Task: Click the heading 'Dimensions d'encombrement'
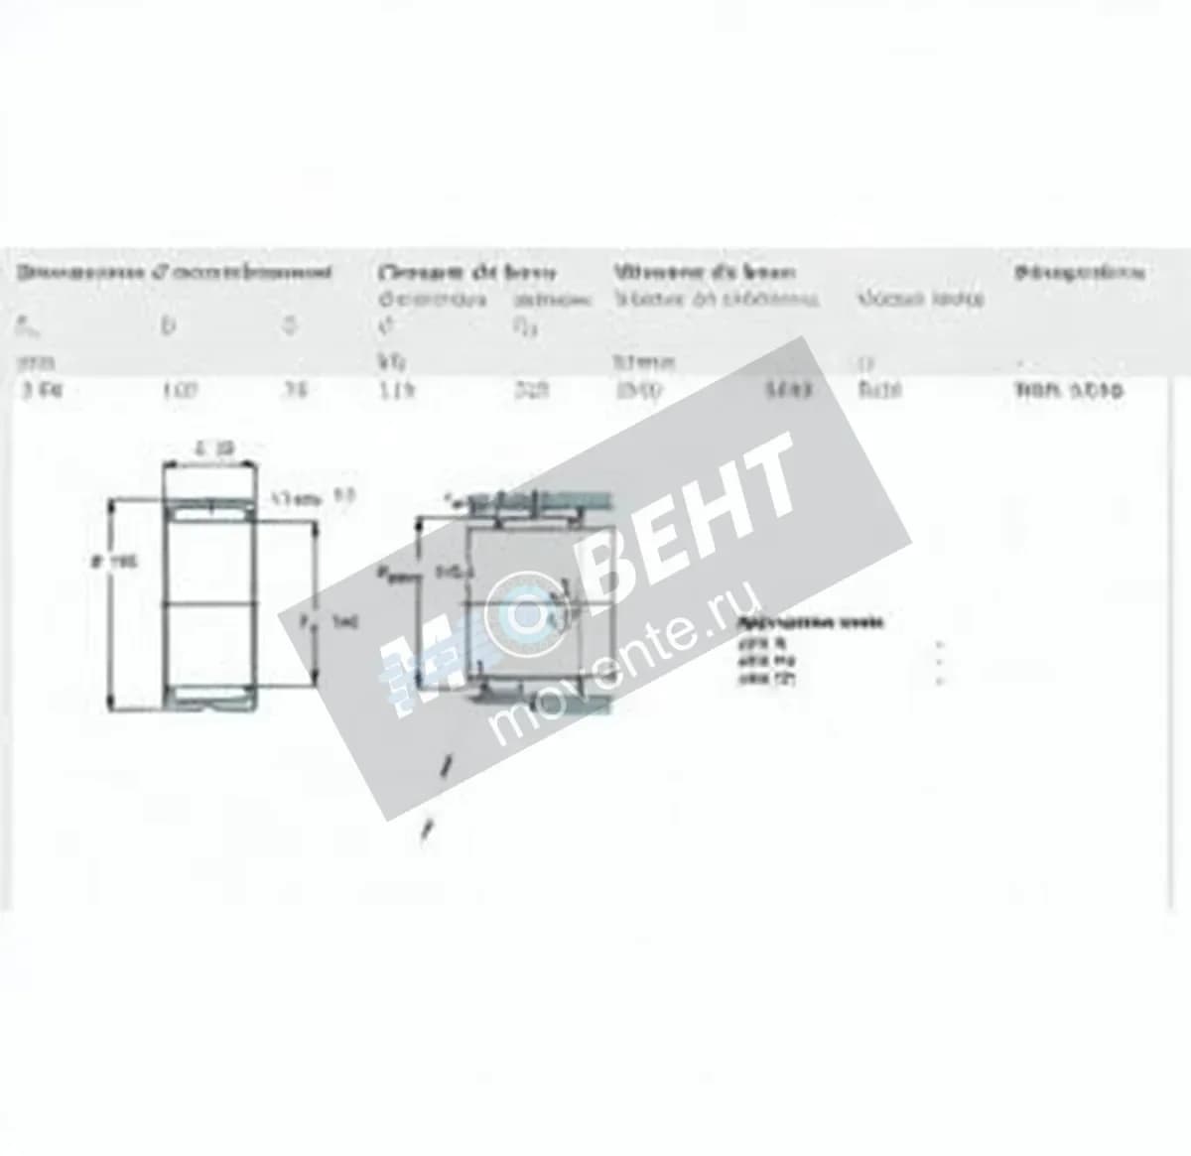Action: pos(175,272)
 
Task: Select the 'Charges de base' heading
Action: pos(466,272)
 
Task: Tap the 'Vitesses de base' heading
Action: pos(704,272)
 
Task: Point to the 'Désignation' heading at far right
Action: pos(1080,272)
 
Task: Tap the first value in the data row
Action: pos(43,391)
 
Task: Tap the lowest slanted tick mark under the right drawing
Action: pos(427,832)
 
